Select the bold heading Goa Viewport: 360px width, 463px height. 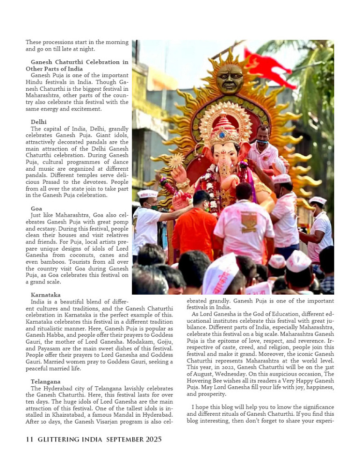click(x=36, y=208)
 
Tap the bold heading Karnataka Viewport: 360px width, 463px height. click(x=45, y=295)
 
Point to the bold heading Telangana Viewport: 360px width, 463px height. click(x=45, y=382)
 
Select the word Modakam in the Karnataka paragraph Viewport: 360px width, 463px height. click(x=128, y=342)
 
